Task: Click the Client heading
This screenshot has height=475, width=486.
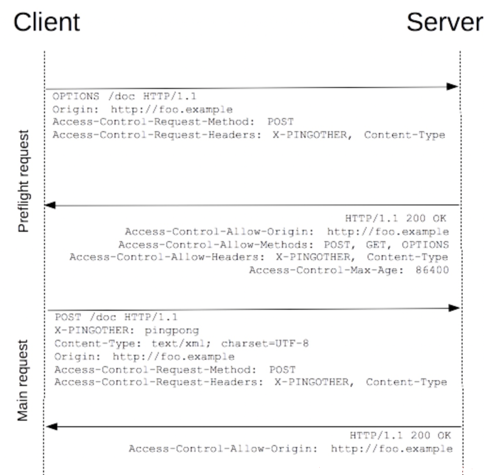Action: pos(47,22)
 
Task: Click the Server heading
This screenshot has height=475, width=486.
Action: pos(445,22)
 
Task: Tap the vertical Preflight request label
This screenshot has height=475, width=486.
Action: pos(23,181)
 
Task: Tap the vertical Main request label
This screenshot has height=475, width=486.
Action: pos(23,381)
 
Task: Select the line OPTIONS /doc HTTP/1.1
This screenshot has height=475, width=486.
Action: pos(124,96)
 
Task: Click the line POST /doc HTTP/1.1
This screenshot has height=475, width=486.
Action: pos(116,317)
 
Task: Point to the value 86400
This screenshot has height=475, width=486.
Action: pos(432,270)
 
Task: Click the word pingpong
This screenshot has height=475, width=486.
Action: pos(172,331)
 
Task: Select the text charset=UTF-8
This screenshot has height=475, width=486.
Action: pos(265,344)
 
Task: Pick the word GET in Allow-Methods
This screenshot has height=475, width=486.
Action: pos(376,245)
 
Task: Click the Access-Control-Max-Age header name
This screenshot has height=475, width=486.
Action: pos(326,270)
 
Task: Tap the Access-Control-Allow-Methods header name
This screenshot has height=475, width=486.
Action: pos(216,245)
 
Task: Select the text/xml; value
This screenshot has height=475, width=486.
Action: pos(181,344)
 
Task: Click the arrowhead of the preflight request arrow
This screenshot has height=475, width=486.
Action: pos(453,86)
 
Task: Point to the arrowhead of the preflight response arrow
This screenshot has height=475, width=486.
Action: pos(50,205)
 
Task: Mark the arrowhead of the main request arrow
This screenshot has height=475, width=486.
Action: pos(454,308)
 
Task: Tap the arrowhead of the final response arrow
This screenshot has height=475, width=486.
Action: pos(52,427)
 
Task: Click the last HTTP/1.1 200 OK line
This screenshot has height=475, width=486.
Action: pos(400,435)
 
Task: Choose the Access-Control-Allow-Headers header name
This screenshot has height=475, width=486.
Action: pos(167,257)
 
